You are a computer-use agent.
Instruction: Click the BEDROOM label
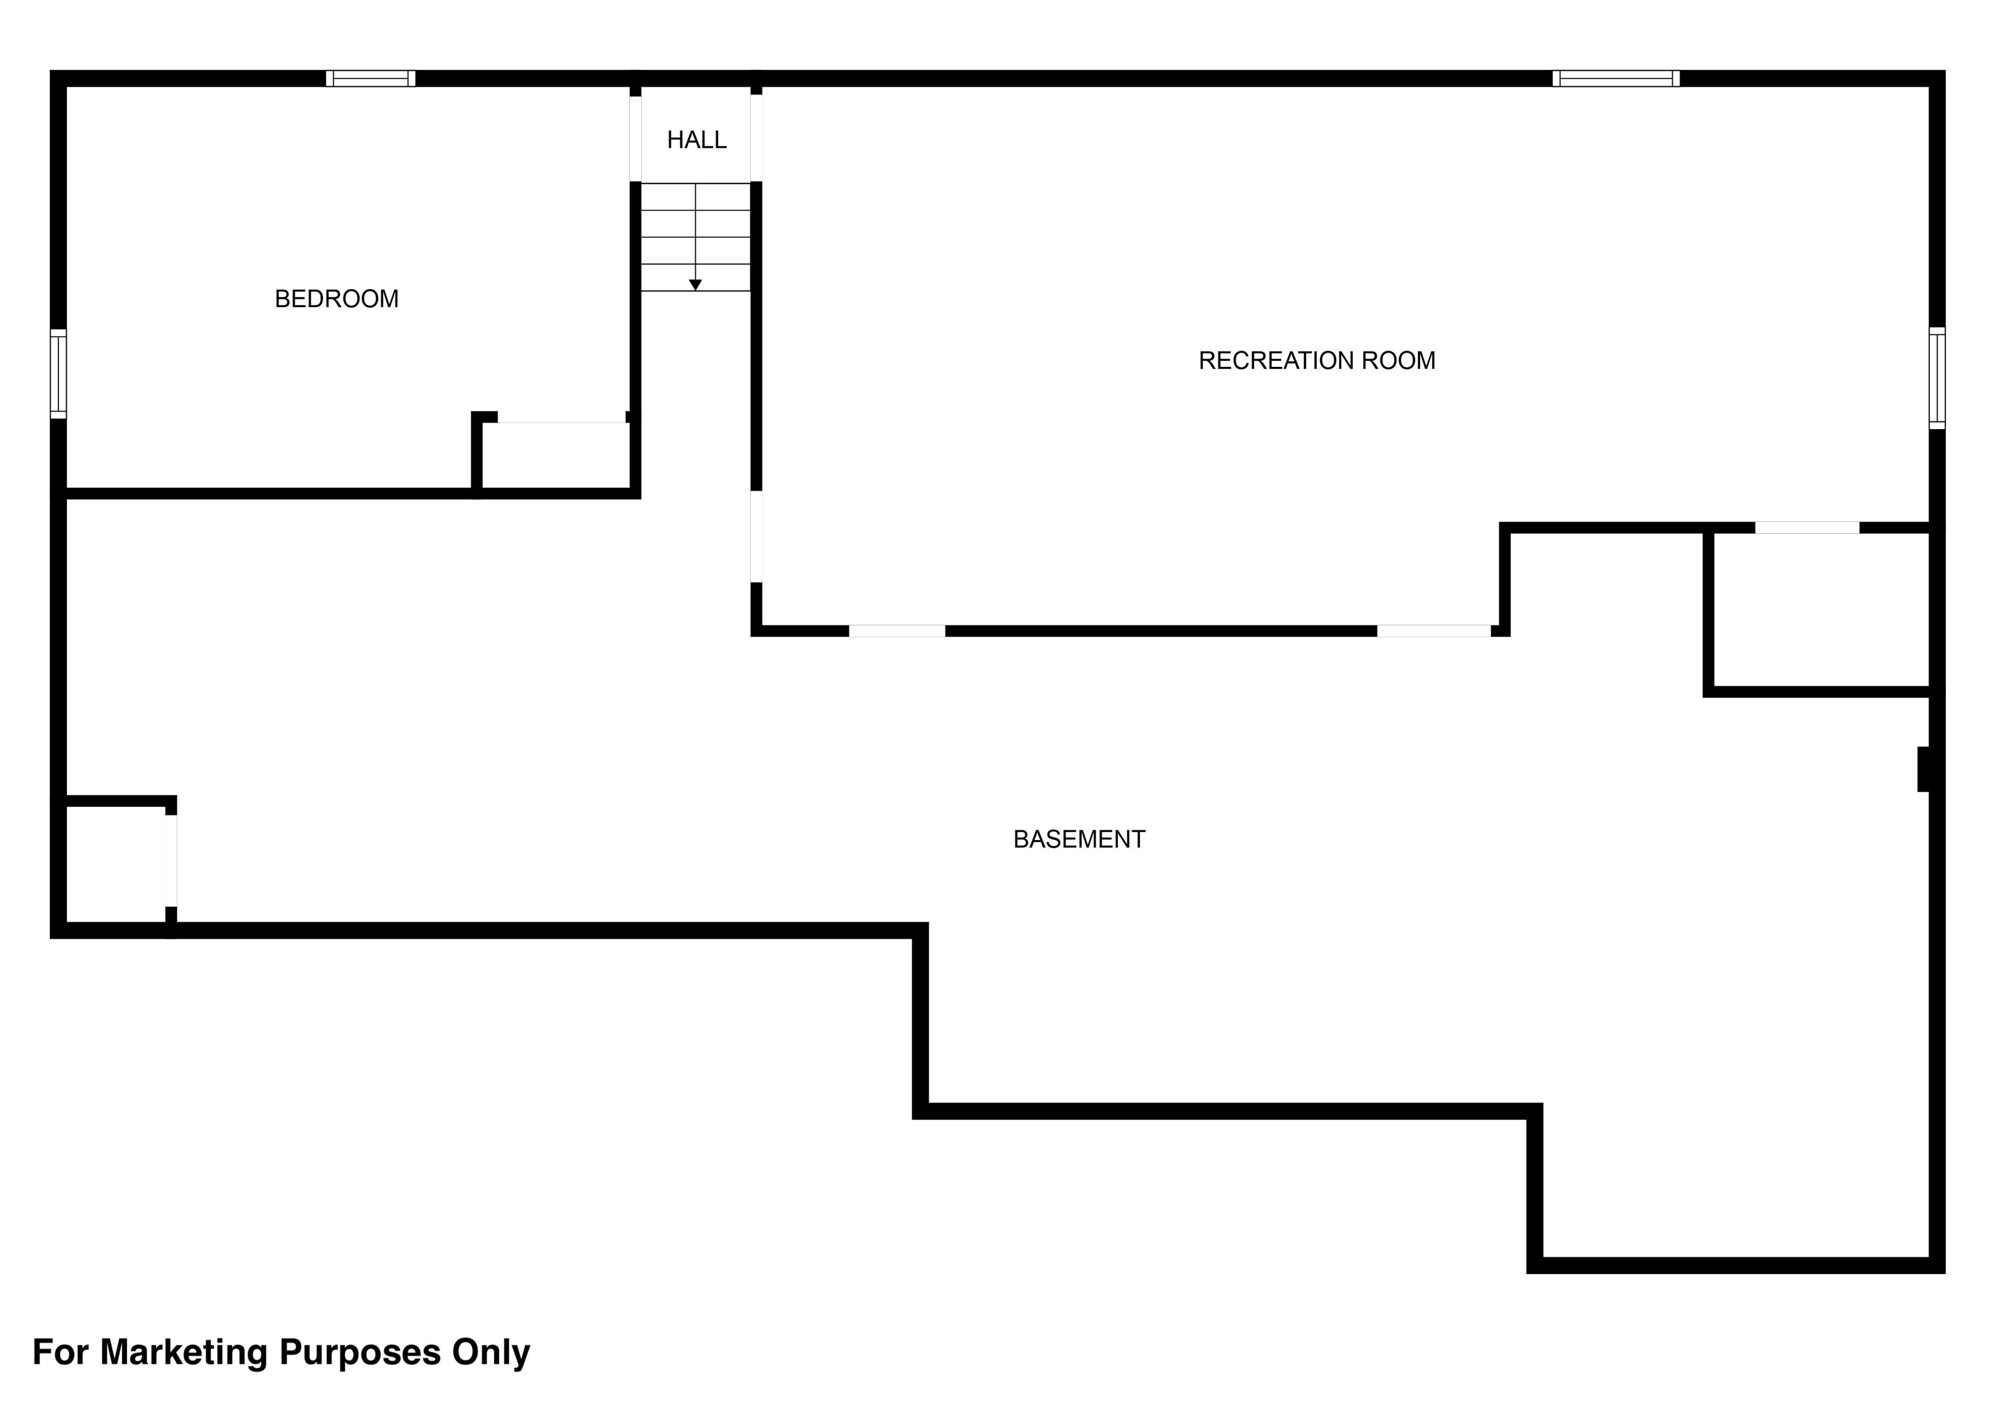coord(337,299)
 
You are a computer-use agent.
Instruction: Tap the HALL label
coord(696,140)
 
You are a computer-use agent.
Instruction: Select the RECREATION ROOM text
coord(1317,360)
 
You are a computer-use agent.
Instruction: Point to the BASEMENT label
coord(1080,839)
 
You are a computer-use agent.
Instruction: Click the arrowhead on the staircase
coord(695,285)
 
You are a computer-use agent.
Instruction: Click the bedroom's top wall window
coord(371,78)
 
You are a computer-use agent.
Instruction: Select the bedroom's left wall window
coord(58,373)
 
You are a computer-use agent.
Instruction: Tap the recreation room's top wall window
coord(1616,78)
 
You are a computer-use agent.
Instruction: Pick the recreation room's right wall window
coord(1938,378)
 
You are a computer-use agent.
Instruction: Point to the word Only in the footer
coord(490,1353)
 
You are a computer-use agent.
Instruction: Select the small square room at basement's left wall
coord(115,865)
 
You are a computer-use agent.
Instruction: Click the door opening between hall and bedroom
coord(635,139)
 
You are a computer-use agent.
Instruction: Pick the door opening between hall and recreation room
coord(756,138)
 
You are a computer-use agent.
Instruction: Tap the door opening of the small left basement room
coord(171,860)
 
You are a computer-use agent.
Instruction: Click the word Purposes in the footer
coord(360,1353)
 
